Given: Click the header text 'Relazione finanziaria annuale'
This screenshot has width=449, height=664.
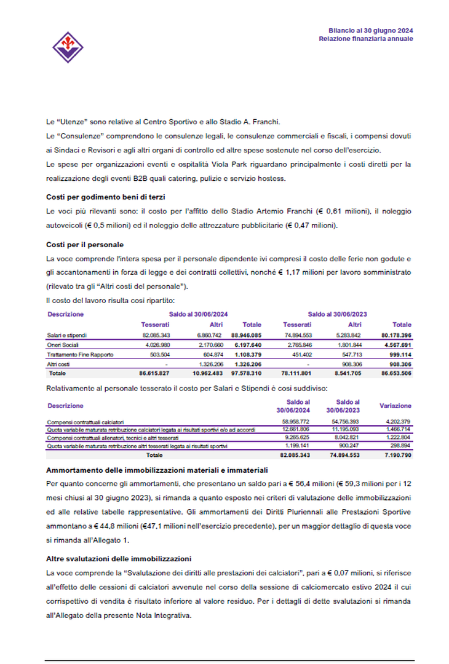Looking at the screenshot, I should [365, 39].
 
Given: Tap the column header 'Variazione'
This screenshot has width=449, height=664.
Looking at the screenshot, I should [395, 406].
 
